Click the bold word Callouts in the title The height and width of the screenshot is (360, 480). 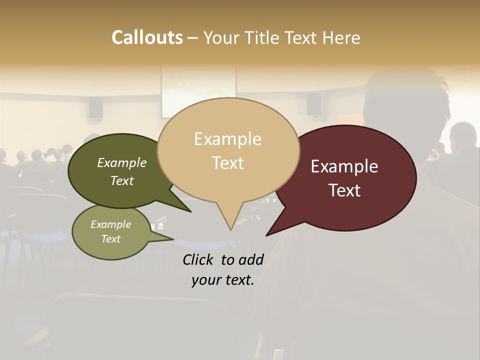147,37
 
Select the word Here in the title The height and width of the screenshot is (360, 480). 341,37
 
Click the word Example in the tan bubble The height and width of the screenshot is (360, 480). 227,139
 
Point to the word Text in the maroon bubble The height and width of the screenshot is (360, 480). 344,190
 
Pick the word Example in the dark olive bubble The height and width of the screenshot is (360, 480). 121,162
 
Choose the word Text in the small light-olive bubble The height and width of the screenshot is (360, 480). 110,239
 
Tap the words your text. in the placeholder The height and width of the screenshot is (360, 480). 222,280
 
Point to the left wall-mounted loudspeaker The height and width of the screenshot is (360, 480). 96,107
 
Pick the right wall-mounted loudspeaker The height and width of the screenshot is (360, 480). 313,104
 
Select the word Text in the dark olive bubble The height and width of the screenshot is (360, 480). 121,180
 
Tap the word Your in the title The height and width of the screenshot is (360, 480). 220,37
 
